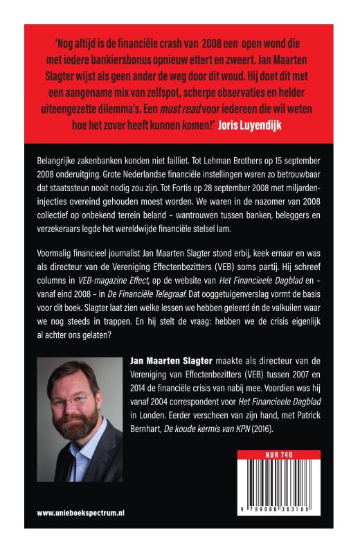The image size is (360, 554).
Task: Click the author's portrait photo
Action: point(80,415)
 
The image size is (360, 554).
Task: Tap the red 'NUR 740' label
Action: point(279,455)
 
